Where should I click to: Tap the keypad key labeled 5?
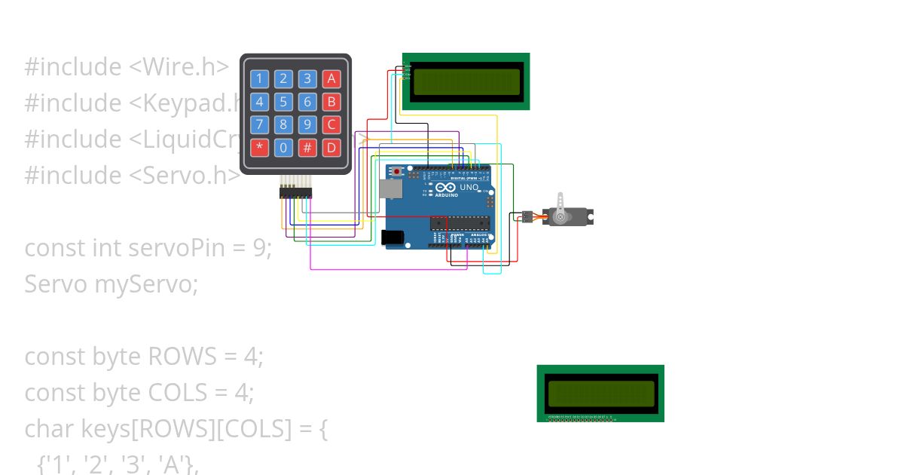click(x=283, y=102)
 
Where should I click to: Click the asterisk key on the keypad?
click(x=259, y=148)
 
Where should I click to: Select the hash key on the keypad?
click(x=307, y=148)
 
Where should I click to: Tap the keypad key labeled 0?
click(x=283, y=148)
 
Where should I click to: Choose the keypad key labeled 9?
click(x=307, y=124)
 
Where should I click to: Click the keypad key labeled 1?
click(x=259, y=79)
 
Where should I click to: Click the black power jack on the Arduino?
click(x=392, y=237)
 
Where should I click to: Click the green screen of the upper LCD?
click(x=466, y=81)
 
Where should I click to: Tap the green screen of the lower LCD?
click(x=600, y=393)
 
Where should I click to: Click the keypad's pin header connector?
click(x=295, y=193)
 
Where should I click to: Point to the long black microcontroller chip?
click(x=460, y=222)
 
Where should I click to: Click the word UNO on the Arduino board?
click(x=469, y=187)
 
